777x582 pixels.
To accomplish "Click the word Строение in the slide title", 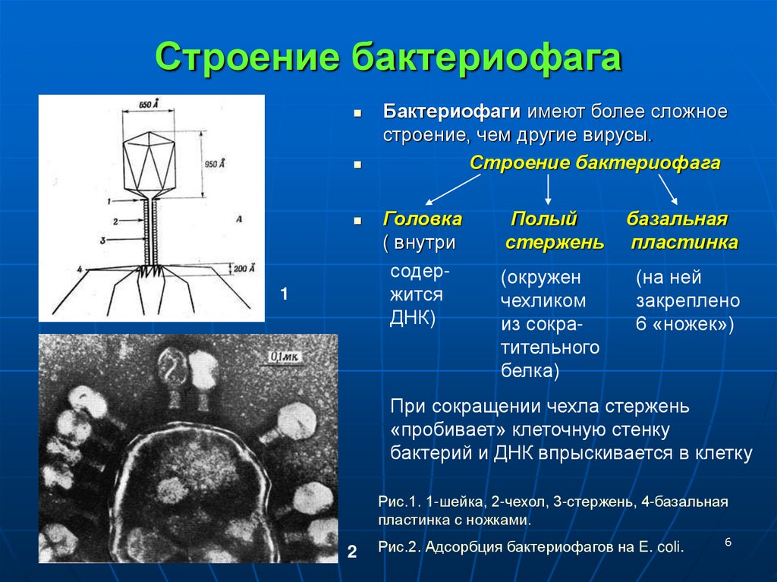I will (x=247, y=59).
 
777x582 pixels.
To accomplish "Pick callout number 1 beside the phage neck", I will (x=109, y=201).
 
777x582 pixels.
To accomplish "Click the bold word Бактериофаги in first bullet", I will (x=451, y=112).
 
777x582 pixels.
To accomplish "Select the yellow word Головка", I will (x=422, y=219).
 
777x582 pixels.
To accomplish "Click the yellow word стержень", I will (x=555, y=243).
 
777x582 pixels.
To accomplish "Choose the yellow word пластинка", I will (x=684, y=243).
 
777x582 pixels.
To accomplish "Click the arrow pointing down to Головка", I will (x=452, y=190).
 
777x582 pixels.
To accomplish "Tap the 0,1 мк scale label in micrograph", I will (x=286, y=356).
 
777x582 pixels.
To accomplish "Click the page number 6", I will (x=728, y=542).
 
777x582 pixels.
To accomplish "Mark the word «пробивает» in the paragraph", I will (x=438, y=430).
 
